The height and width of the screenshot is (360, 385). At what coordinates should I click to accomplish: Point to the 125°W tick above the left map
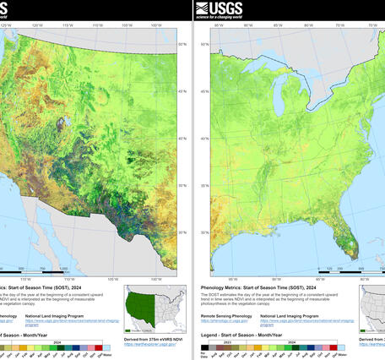coord(6,25)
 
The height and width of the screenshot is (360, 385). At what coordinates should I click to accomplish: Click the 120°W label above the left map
coord(37,25)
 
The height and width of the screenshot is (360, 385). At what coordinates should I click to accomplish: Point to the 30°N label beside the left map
coord(182,232)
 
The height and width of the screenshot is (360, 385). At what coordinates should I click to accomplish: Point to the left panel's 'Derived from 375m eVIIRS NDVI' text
coord(151,339)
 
